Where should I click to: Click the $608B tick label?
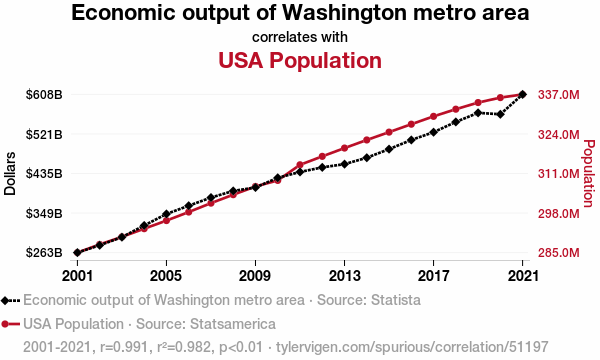[44, 94]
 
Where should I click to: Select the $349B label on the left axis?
[44, 213]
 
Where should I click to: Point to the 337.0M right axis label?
[559, 94]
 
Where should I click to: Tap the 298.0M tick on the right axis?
[559, 213]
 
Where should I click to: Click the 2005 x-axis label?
[166, 275]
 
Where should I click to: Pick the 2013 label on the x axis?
[344, 275]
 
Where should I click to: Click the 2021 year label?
[523, 275]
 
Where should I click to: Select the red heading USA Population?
[300, 60]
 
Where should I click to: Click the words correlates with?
[300, 37]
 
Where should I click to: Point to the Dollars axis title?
[10, 174]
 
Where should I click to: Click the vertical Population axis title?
[589, 174]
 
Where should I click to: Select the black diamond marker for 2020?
[500, 114]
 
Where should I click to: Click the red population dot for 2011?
[300, 165]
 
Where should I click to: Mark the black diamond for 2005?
[166, 214]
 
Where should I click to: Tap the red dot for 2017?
[433, 117]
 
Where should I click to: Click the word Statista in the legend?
[395, 300]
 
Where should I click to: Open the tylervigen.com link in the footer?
[412, 347]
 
